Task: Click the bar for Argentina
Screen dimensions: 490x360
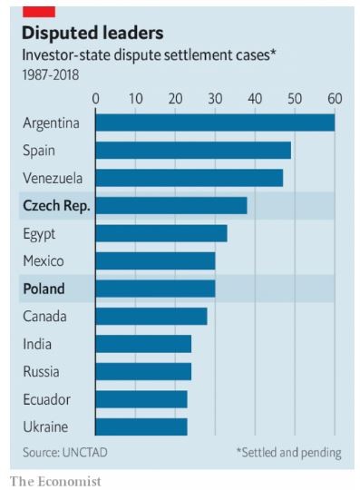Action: (x=215, y=122)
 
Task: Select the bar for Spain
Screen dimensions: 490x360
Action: (x=193, y=150)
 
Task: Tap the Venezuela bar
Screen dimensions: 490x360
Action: (x=189, y=178)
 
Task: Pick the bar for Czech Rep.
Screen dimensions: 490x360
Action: (x=170, y=206)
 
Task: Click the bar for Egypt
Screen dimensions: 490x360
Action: (x=161, y=233)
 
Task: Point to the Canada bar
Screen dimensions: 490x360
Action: (x=151, y=316)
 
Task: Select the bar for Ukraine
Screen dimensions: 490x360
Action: (x=141, y=426)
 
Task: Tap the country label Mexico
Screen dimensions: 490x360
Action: (x=43, y=261)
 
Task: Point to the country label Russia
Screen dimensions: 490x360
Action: (x=40, y=372)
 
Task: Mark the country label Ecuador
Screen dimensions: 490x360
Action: (x=45, y=399)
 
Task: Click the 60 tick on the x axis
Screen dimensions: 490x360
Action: (x=335, y=98)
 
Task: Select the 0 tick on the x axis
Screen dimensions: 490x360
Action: (x=95, y=98)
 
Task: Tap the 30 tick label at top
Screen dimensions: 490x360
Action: (x=215, y=98)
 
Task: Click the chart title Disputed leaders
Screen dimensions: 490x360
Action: (x=92, y=34)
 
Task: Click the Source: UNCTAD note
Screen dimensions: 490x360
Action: (x=61, y=451)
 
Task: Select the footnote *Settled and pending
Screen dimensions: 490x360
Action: (x=288, y=451)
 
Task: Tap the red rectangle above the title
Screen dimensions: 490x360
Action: (x=38, y=10)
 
